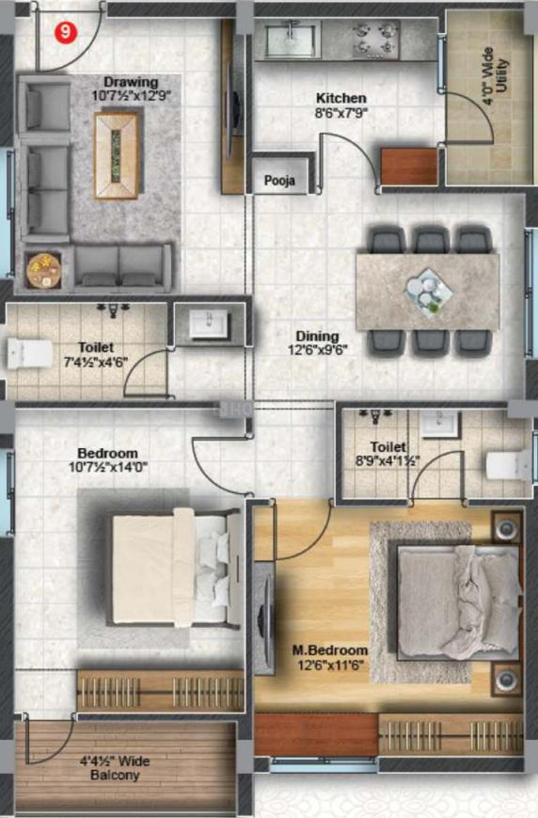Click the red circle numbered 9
(x=66, y=32)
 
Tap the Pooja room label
(x=279, y=181)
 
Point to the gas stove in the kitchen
(x=375, y=40)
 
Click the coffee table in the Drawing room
(x=117, y=155)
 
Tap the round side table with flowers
(x=44, y=270)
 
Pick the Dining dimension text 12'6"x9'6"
(x=318, y=349)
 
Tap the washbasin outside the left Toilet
(x=209, y=324)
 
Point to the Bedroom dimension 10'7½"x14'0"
(x=108, y=466)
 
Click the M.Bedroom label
(x=330, y=650)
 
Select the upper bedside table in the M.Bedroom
(x=507, y=528)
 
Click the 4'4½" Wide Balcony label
(x=115, y=768)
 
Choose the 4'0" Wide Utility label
(x=494, y=76)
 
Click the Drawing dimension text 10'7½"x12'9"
(x=132, y=96)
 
